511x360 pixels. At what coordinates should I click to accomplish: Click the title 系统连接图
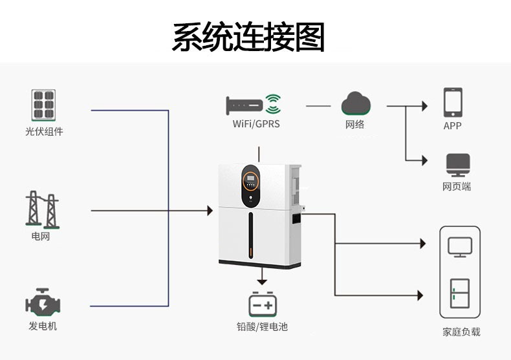248,37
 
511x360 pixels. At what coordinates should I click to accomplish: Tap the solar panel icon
43,105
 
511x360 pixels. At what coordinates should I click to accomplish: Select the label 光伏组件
44,132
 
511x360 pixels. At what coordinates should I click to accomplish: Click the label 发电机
43,326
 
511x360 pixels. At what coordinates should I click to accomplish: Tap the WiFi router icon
254,103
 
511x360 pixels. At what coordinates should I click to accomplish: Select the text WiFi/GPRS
256,123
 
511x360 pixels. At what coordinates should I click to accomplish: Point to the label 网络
355,124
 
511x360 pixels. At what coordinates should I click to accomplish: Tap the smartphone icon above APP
452,102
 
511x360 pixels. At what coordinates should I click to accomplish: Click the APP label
452,126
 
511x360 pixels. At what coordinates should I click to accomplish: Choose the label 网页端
457,187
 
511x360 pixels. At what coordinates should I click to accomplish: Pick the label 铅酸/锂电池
262,327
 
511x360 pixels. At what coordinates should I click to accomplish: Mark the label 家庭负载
461,332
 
